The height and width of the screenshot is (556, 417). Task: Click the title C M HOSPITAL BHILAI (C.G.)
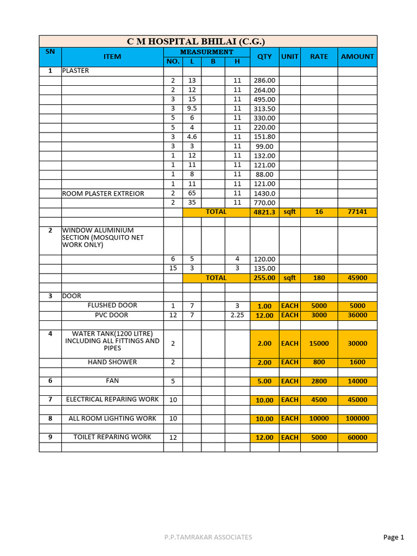pyautogui.click(x=196, y=41)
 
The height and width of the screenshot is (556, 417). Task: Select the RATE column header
pyautogui.click(x=319, y=56)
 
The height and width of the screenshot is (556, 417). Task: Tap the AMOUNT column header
pyautogui.click(x=357, y=56)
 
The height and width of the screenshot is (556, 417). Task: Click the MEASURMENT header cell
pyautogui.click(x=206, y=52)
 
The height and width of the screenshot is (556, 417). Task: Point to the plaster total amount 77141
pyautogui.click(x=357, y=212)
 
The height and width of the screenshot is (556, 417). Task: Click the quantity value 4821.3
pyautogui.click(x=264, y=212)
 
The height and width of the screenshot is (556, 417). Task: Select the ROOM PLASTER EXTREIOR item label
pyautogui.click(x=103, y=193)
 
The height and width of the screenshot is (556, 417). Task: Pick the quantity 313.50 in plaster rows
pyautogui.click(x=264, y=109)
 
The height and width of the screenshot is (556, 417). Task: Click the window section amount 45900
pyautogui.click(x=357, y=278)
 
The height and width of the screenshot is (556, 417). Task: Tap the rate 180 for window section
pyautogui.click(x=319, y=278)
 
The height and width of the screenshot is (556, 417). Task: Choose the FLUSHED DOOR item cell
pyautogui.click(x=112, y=306)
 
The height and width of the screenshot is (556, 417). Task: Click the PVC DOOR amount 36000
pyautogui.click(x=357, y=315)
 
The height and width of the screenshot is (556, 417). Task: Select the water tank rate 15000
pyautogui.click(x=319, y=344)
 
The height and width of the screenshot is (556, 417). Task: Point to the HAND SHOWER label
pyautogui.click(x=112, y=362)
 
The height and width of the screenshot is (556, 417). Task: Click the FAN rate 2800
pyautogui.click(x=319, y=381)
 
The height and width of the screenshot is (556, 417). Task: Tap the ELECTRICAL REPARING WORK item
pyautogui.click(x=112, y=400)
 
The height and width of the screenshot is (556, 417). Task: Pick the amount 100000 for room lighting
pyautogui.click(x=357, y=419)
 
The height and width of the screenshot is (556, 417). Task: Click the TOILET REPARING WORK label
pyautogui.click(x=112, y=437)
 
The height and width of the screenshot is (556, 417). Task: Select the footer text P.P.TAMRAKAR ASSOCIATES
pyautogui.click(x=208, y=538)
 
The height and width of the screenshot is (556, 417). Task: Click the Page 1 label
pyautogui.click(x=394, y=538)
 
